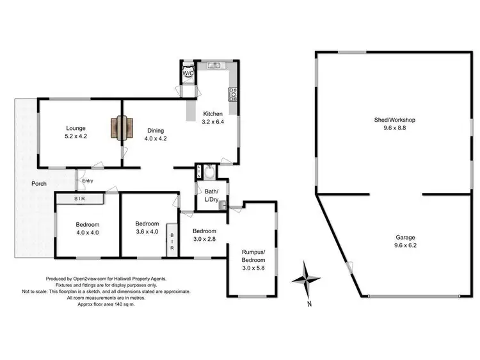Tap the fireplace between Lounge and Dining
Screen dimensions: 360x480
122,128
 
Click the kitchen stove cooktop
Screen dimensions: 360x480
233,94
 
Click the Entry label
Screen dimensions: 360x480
87,181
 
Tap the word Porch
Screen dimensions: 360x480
40,184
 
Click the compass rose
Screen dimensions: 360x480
307,279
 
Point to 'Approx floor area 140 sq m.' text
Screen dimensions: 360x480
106,303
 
